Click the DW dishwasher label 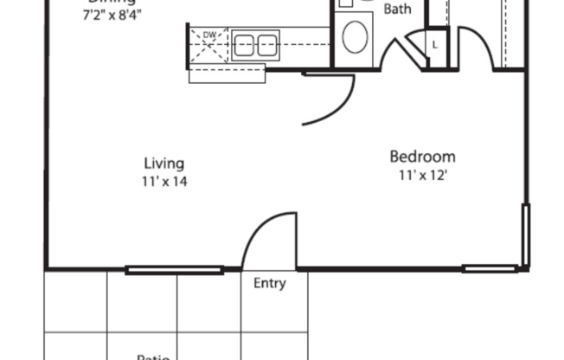208,35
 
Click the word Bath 397,10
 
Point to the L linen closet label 434,43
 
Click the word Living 163,163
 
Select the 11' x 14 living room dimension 163,182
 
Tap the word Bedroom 422,157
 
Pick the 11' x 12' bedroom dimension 422,175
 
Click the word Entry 268,283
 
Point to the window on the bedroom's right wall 524,233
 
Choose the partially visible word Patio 152,356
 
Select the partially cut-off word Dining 112,3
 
